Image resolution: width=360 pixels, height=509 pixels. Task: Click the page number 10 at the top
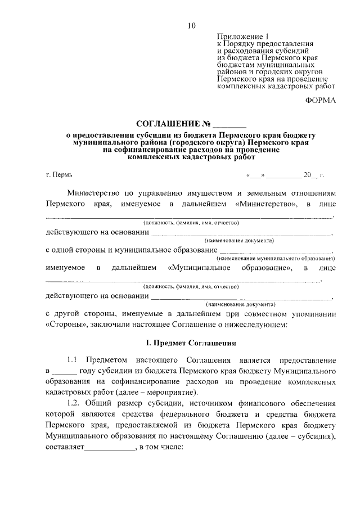[x=192, y=25]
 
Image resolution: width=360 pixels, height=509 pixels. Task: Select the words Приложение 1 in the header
[x=240, y=35]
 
